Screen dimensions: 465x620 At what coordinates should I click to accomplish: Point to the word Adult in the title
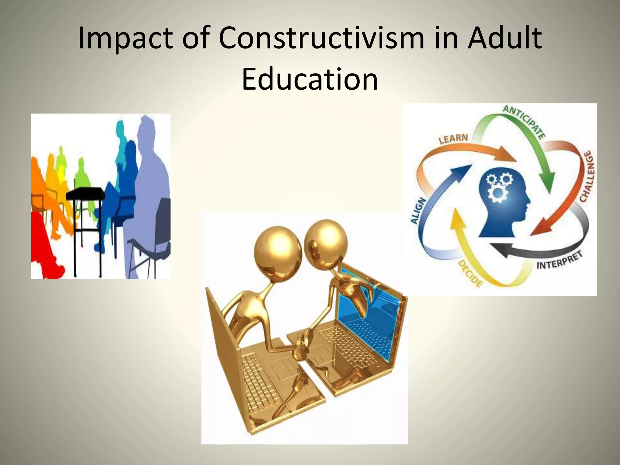pos(504,39)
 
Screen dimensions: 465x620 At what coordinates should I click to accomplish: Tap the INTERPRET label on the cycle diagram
pos(559,261)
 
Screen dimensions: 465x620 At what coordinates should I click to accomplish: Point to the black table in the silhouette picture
pos(85,193)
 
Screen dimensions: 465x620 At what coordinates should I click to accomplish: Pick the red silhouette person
pos(42,242)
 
